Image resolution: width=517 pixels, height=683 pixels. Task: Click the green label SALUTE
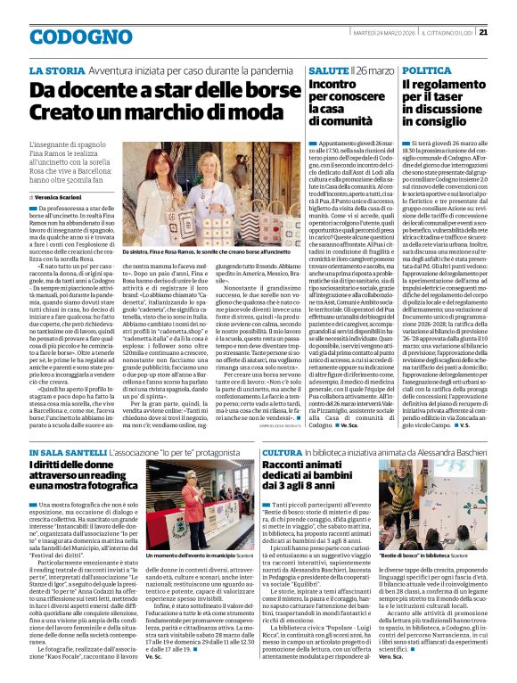point(328,70)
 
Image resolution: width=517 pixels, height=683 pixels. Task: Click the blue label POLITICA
point(427,70)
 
